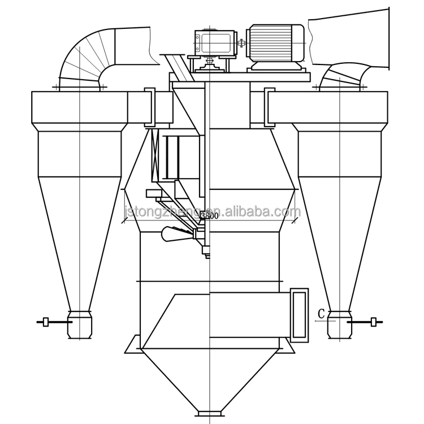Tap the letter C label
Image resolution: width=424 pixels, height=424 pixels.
pyautogui.click(x=321, y=313)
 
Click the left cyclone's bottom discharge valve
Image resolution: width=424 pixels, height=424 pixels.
pyautogui.click(x=79, y=325)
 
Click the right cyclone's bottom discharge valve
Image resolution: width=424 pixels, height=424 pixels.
pyautogui.click(x=341, y=325)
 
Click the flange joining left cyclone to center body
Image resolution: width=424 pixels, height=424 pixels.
pyautogui.click(x=150, y=107)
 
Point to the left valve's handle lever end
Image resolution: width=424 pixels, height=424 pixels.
pyautogui.click(x=40, y=323)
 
